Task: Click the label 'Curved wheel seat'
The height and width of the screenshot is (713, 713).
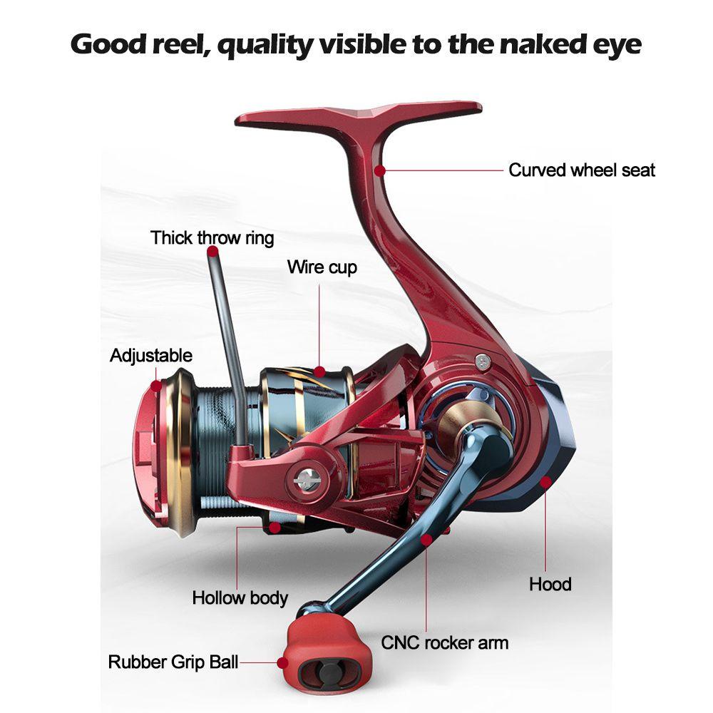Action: pos(582,170)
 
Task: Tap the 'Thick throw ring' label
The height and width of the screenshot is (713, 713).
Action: pos(212,238)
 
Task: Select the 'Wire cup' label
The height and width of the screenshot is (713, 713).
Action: pos(322,267)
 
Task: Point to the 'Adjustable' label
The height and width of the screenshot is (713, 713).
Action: pos(151,356)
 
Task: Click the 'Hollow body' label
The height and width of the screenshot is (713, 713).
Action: pos(240,598)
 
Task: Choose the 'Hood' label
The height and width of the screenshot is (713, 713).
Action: pos(550,585)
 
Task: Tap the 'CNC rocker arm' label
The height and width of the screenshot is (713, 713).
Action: pos(445,643)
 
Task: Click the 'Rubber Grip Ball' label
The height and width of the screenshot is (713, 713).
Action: pos(173,662)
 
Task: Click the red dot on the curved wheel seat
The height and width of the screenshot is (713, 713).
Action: pos(380,170)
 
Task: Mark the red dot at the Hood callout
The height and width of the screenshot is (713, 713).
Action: pos(545,481)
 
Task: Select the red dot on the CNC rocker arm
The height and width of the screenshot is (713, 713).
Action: pos(426,540)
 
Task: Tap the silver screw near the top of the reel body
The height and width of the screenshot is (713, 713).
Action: pos(483,362)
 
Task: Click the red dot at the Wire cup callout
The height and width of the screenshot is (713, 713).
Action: pos(319,372)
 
